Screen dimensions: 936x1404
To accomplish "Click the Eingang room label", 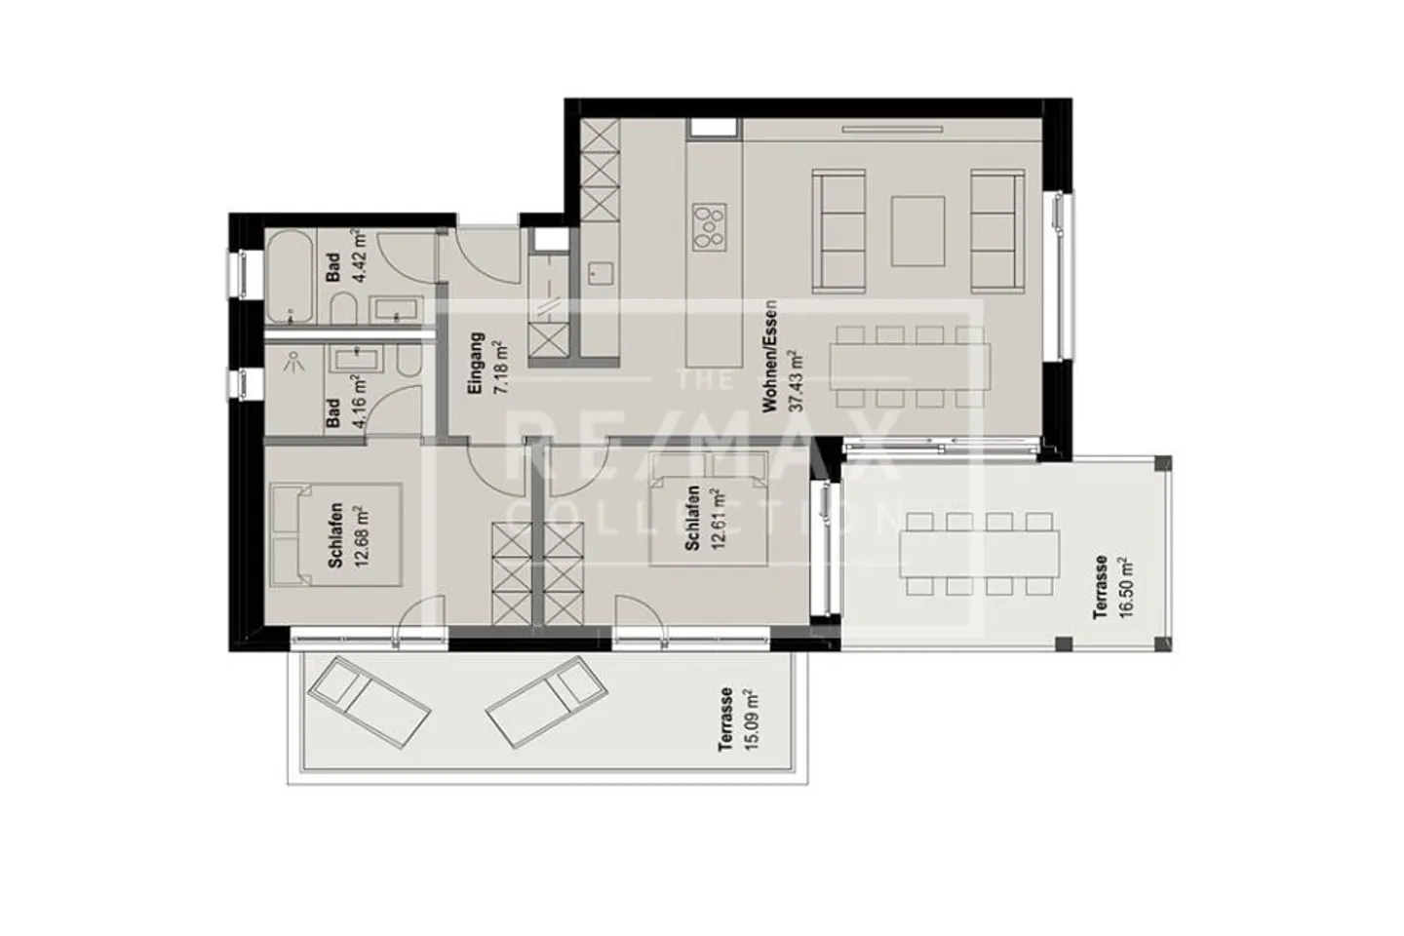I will pos(476,364).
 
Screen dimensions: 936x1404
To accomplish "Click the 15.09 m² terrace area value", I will pos(748,721).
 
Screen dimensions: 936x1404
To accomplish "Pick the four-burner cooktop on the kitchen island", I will pos(710,226).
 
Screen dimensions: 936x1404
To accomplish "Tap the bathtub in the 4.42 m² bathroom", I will pos(290,277).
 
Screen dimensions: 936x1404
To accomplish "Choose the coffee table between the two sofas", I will pos(917,231).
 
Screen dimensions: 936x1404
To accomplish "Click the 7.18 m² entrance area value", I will pos(500,367).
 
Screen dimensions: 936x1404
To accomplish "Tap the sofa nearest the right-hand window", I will pos(995,231).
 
